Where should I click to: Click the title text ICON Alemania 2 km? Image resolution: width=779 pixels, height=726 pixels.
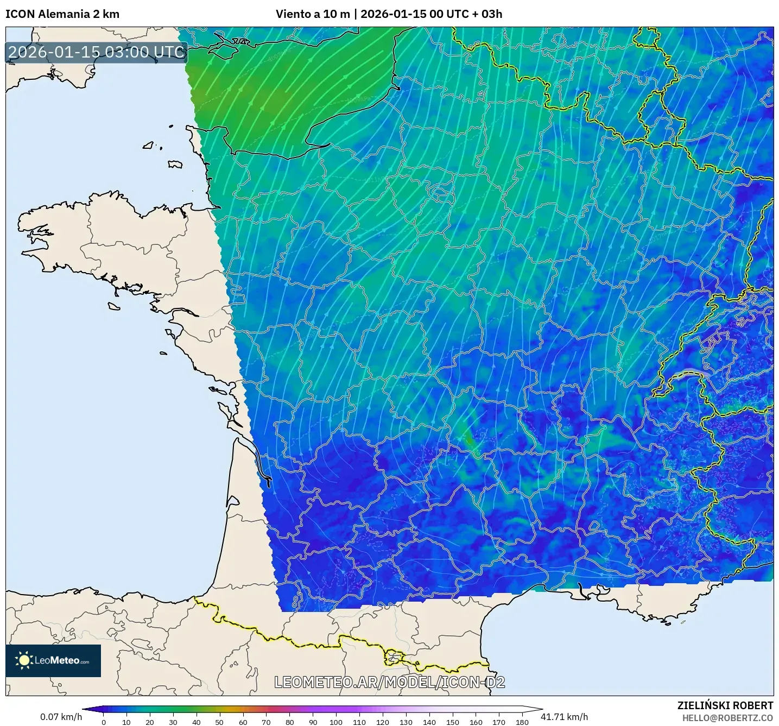click(62, 14)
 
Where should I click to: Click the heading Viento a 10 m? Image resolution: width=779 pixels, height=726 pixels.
click(313, 14)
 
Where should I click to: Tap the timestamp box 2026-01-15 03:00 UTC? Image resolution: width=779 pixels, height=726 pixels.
click(97, 52)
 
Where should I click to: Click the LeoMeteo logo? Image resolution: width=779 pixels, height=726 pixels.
click(53, 660)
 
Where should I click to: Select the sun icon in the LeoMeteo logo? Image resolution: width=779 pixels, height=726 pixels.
click(24, 660)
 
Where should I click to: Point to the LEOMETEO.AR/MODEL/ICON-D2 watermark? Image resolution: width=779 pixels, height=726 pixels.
click(389, 682)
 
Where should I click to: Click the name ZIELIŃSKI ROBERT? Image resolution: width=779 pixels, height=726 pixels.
click(725, 705)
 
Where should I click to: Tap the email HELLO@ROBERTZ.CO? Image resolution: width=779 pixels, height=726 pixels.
click(727, 718)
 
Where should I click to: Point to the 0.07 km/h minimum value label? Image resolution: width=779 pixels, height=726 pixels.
click(61, 717)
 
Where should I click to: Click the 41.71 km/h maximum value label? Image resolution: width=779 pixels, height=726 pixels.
click(564, 717)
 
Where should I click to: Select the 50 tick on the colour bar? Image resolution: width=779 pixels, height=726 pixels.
click(219, 722)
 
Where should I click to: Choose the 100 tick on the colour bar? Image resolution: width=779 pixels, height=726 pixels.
click(336, 722)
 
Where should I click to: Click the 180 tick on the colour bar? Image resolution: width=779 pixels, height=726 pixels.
click(522, 722)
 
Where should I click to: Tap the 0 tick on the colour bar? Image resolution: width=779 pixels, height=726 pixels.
click(103, 722)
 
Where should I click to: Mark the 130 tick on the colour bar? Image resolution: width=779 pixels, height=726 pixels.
click(406, 722)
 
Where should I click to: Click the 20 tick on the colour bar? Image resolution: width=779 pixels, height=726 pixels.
click(150, 722)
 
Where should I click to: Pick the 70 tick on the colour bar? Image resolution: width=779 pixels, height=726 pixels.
click(266, 722)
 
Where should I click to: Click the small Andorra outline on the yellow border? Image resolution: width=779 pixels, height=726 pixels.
click(394, 658)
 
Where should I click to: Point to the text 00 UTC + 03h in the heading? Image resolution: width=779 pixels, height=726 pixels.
click(466, 14)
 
